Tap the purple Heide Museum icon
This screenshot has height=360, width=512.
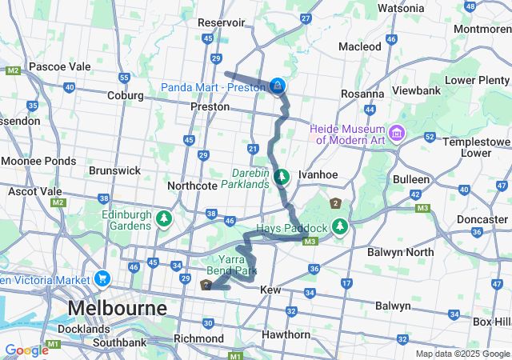pos(398,131)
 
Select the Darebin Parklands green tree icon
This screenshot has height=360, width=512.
pos(281,176)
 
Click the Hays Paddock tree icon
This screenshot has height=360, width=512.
pos(340,228)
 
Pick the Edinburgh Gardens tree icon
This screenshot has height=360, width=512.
pos(164,218)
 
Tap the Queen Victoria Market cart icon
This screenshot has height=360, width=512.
pos(102,279)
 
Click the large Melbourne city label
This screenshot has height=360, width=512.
pos(117,308)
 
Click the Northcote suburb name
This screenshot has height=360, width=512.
pos(192,185)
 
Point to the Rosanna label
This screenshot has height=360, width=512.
pos(362,94)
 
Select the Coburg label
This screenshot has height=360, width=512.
pos(125,95)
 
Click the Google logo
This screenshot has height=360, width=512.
pos(26,350)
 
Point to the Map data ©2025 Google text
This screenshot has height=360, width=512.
pos(462,354)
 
